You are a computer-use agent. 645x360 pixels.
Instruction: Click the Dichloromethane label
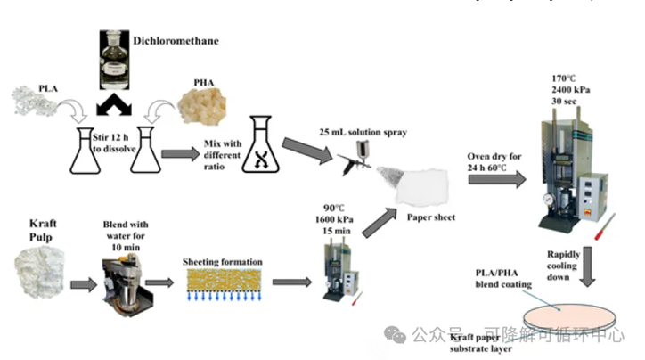175,40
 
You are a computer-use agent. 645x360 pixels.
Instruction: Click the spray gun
357,161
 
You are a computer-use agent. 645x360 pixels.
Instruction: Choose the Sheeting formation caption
223,261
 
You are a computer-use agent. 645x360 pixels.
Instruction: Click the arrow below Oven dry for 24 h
501,179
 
